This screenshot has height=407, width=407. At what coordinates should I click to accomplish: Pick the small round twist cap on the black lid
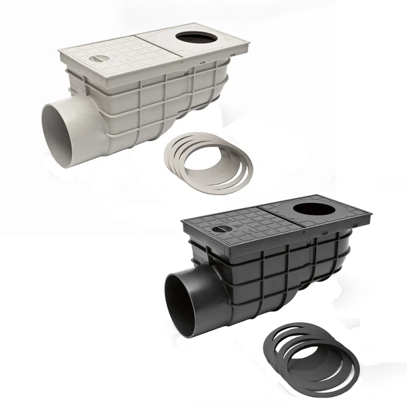(218, 229)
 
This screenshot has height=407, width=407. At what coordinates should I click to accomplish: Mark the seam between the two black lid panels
(280, 217)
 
